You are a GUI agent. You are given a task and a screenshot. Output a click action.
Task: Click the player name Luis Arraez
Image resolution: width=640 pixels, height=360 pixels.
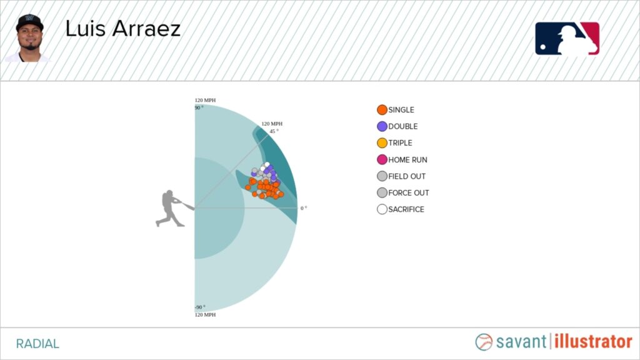pos(123,29)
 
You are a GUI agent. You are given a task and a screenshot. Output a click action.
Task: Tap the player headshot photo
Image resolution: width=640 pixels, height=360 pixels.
pos(28,38)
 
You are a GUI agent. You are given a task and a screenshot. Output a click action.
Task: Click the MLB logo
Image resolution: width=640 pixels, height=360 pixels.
pos(567,39)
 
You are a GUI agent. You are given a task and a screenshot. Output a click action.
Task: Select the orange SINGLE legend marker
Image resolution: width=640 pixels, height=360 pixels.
pos(382,110)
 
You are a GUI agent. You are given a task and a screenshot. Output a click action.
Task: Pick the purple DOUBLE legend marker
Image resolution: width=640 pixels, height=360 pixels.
pos(382,126)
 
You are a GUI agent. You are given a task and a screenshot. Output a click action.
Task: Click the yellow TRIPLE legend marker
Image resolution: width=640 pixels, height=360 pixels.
pos(382,143)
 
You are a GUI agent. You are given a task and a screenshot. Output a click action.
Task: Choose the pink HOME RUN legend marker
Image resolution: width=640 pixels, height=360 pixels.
pos(382,159)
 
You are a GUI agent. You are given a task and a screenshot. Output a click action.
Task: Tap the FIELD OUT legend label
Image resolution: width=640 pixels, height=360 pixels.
pos(406,176)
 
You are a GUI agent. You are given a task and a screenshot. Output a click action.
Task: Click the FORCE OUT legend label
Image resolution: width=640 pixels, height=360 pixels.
pos(409,192)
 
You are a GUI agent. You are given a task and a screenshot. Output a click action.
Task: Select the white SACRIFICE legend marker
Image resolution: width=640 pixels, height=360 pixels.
pos(382,209)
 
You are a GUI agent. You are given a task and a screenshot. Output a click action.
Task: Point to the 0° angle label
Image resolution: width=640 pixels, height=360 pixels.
pos(304,208)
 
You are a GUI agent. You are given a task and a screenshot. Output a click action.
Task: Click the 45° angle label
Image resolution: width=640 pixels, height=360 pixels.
pos(274,131)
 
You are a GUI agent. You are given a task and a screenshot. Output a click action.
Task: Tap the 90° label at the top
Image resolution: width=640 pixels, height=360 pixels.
pos(199,107)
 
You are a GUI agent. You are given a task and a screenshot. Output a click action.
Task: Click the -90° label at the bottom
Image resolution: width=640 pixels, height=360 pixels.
pos(200,307)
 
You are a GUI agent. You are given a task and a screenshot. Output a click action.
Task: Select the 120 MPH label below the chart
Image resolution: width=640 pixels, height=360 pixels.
pos(205,315)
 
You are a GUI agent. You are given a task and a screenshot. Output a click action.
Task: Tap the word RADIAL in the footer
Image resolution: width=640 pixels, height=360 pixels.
pos(37,344)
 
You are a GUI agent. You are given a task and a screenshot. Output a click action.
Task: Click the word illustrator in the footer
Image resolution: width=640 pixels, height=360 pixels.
pos(593,342)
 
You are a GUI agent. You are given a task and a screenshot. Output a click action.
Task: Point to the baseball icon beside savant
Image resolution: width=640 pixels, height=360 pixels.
pos(484,342)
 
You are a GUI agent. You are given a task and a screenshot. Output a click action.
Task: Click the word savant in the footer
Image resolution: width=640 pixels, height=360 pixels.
pos(521,342)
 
